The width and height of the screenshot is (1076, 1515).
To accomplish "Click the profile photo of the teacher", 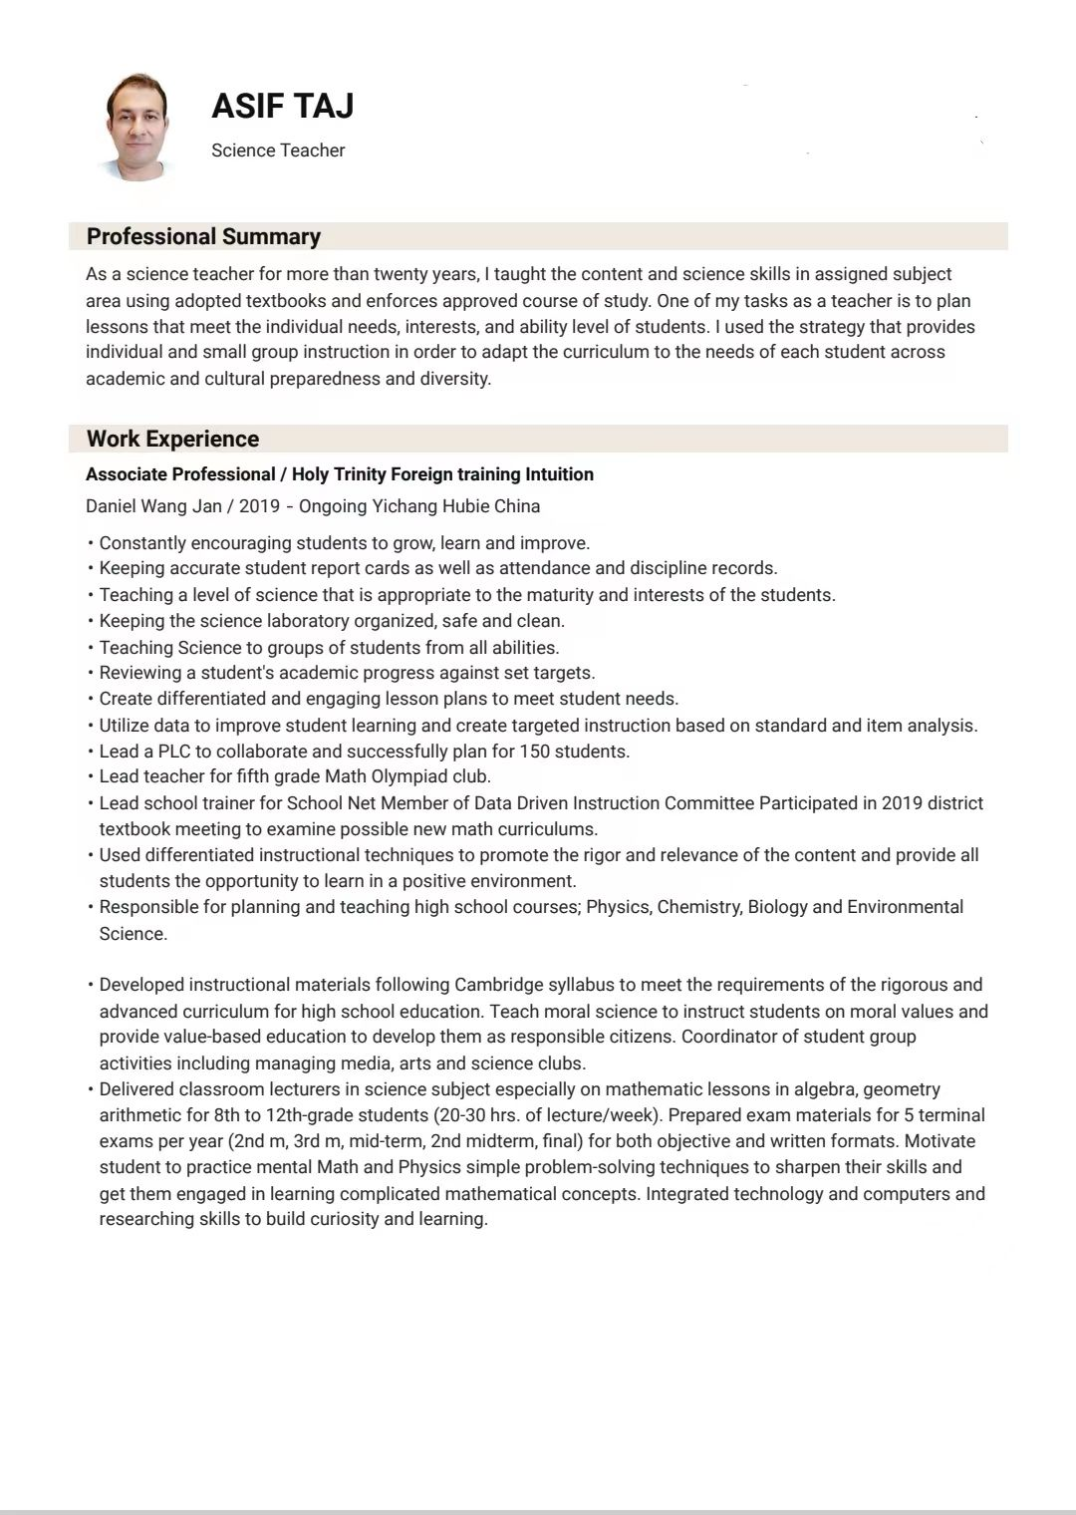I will point(135,127).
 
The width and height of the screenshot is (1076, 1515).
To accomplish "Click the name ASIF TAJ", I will point(282,106).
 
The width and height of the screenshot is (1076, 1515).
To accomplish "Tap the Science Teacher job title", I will point(278,151).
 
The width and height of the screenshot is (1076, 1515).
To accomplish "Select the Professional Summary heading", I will point(203,236).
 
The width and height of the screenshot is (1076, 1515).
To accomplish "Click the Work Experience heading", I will point(172,439).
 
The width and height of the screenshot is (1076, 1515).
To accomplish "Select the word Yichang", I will point(404,506).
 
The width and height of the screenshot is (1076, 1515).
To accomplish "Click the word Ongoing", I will point(332,506).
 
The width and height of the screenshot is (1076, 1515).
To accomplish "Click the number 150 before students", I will point(535,752).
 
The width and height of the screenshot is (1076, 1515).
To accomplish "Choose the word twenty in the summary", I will point(401,274).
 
